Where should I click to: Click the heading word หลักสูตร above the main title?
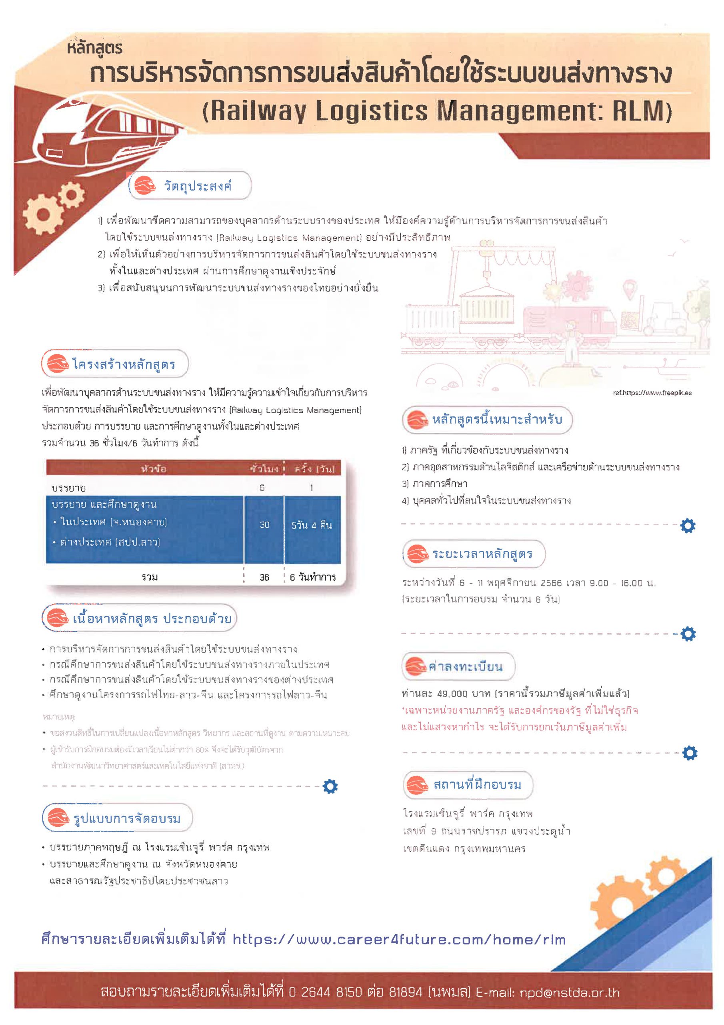94,47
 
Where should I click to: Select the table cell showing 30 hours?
264,525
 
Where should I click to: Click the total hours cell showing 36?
264,577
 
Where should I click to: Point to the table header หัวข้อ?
154,469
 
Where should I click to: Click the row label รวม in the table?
150,577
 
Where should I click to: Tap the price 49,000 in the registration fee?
452,694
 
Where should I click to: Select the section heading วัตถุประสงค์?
198,186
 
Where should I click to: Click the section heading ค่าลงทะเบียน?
465,667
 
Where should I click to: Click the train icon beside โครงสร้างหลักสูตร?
58,364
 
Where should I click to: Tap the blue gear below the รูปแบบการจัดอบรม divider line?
330,787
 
